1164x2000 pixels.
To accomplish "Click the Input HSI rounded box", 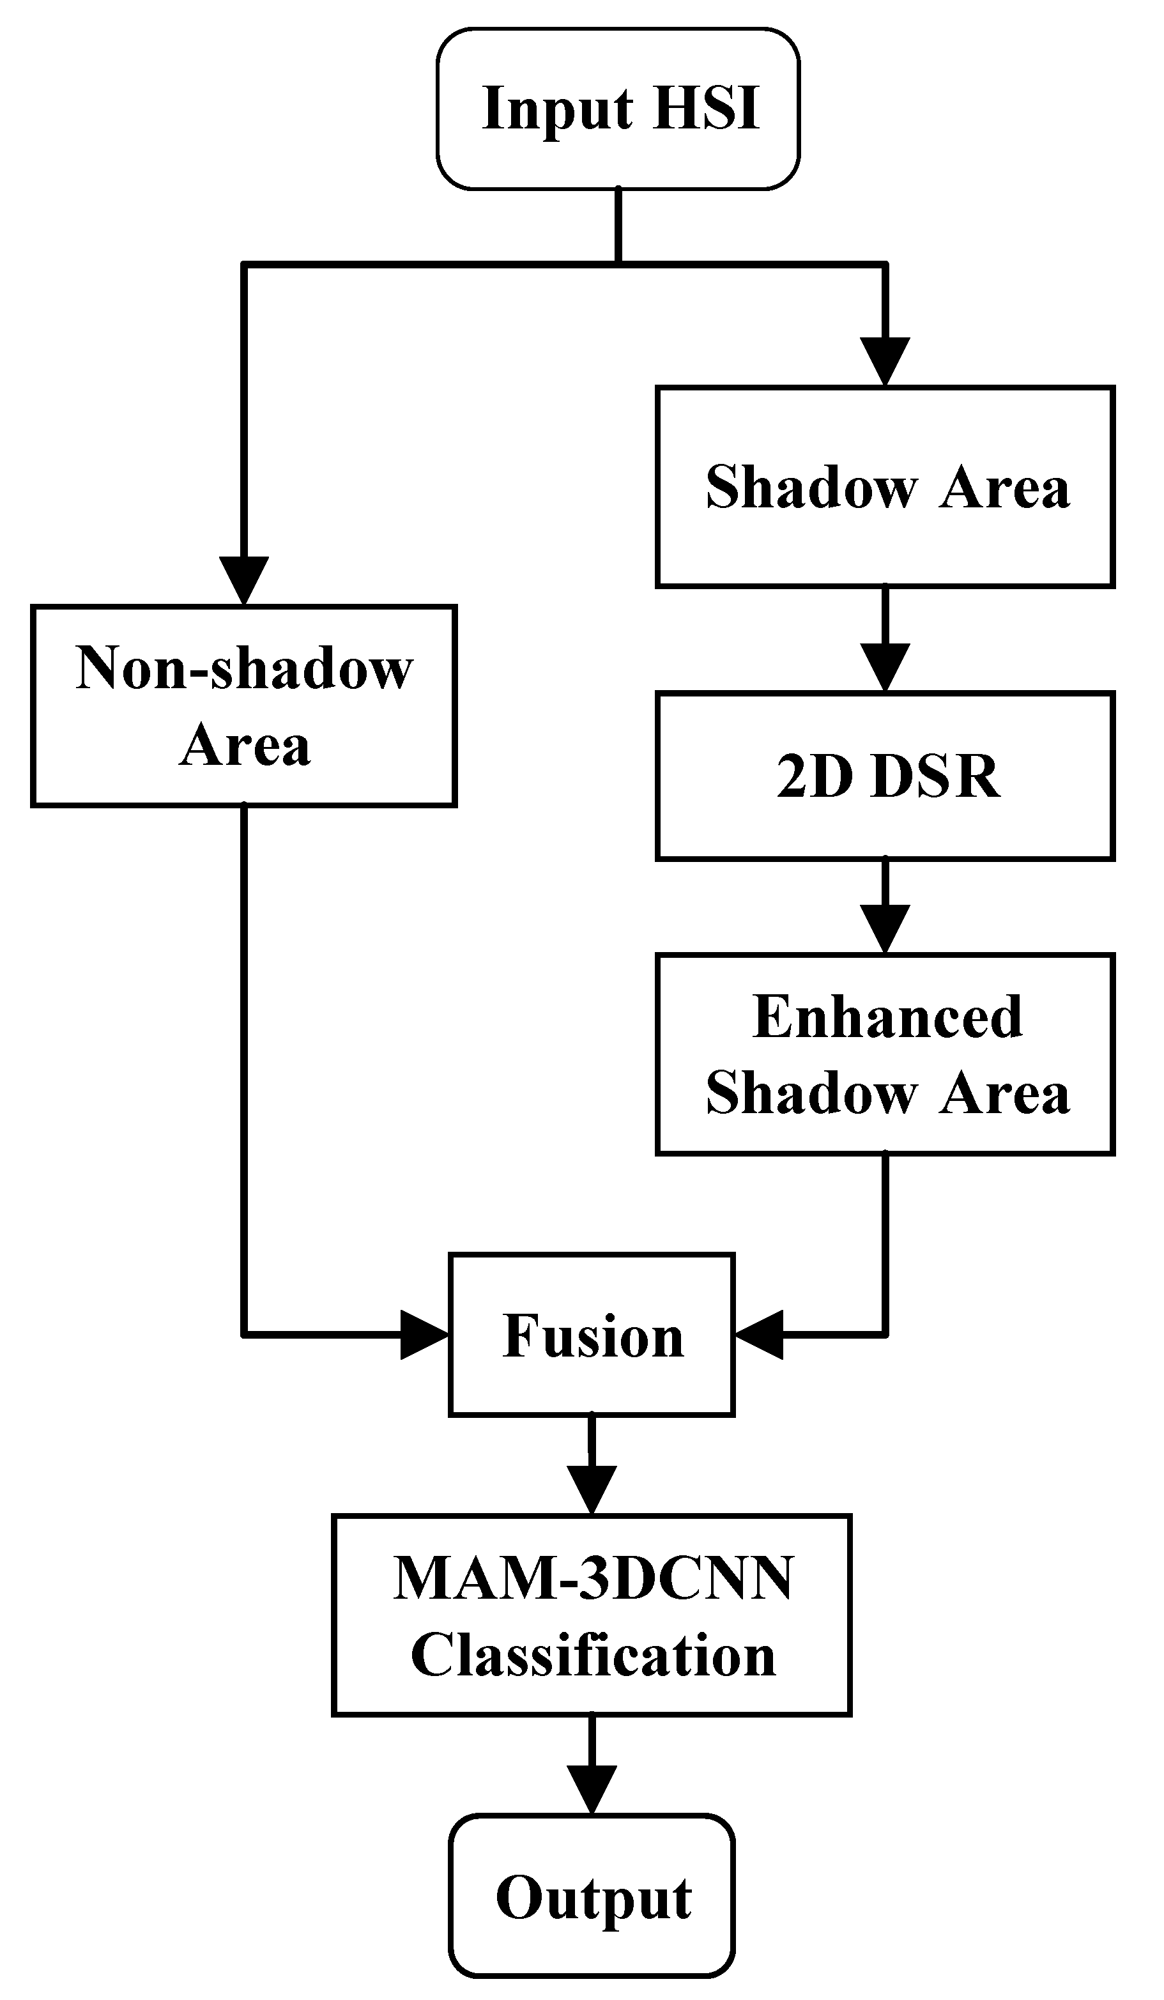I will (617, 109).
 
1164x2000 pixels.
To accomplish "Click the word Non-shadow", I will (243, 668).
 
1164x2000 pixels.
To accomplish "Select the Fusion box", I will (591, 1335).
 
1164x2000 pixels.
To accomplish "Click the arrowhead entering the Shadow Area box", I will (885, 361).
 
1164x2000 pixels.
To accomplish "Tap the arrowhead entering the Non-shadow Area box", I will (243, 580).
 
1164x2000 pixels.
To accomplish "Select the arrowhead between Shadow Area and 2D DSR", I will (885, 666).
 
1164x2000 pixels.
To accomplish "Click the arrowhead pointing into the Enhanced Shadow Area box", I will (885, 928).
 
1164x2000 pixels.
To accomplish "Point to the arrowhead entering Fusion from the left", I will (424, 1335).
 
